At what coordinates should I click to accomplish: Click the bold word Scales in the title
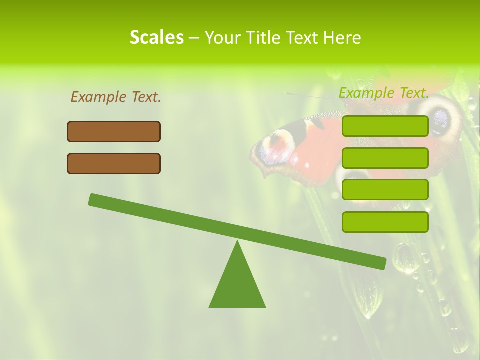[x=156, y=37]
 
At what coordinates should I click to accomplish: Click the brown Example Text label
[x=116, y=97]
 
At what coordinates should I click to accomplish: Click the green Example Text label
[x=384, y=93]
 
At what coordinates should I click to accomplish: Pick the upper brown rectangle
[x=114, y=131]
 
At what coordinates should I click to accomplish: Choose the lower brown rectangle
[x=114, y=163]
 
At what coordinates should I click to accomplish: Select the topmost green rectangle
[x=385, y=126]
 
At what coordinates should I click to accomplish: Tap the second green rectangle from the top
[x=385, y=158]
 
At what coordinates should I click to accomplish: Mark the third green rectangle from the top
[x=385, y=190]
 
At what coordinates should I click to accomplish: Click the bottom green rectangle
[x=385, y=222]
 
